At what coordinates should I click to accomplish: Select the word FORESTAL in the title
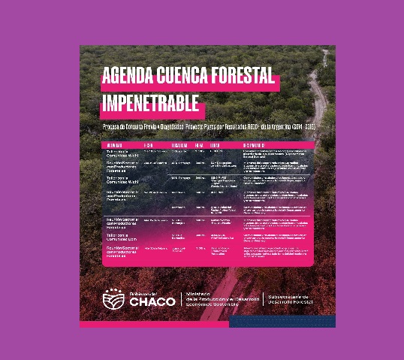243,77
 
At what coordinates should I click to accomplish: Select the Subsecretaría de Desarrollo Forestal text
293,299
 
